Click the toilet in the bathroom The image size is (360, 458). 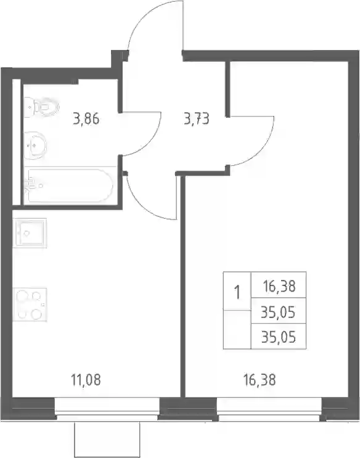point(41,107)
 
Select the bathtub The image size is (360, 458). point(68,185)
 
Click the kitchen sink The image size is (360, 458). point(30,233)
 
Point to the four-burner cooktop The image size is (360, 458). point(30,305)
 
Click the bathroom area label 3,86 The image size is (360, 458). point(86,119)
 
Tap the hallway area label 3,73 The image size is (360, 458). point(197,119)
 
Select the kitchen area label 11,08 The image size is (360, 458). point(86,380)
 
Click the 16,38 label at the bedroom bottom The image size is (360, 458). point(260,380)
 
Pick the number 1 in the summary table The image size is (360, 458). point(237,292)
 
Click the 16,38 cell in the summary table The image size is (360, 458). point(279,286)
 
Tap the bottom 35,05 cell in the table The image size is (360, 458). point(279,337)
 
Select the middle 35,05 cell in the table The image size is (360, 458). point(279,312)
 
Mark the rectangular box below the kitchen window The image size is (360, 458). point(107,440)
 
